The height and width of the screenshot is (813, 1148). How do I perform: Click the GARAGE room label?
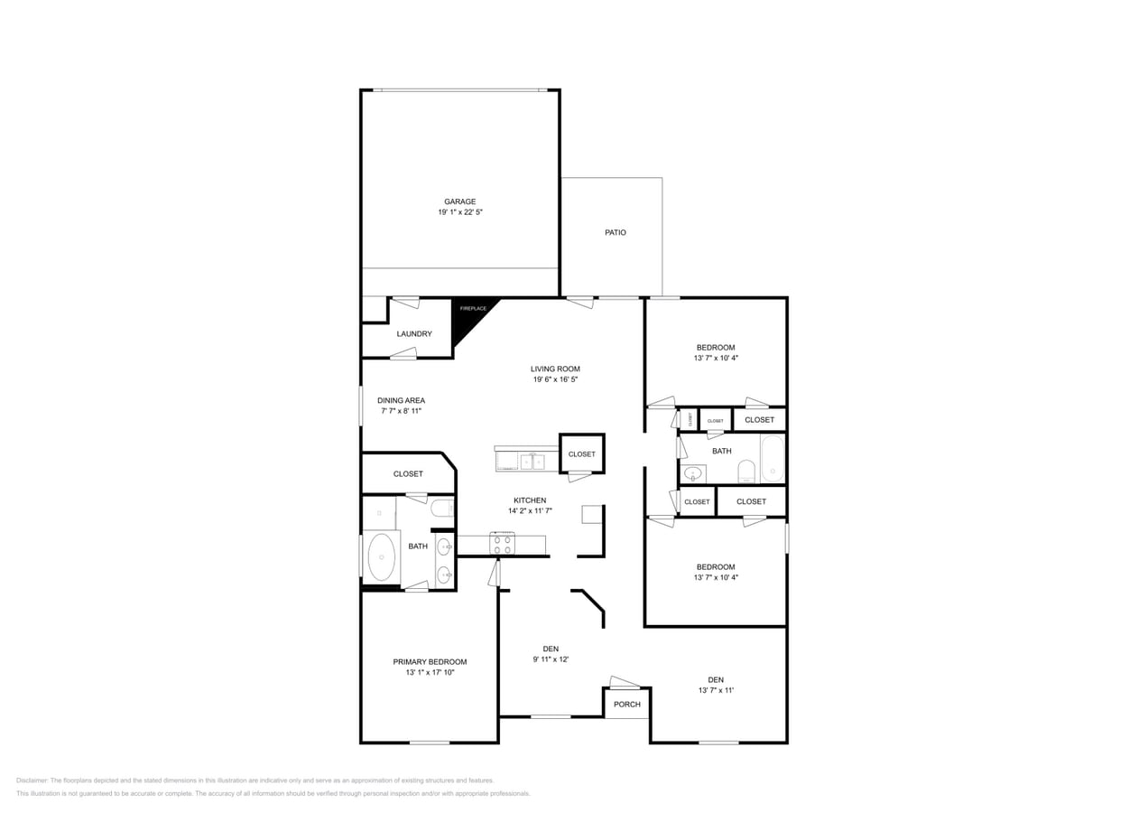tap(459, 201)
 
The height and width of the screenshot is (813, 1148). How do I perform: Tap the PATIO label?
tap(615, 232)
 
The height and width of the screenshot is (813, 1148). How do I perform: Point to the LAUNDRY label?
tap(414, 333)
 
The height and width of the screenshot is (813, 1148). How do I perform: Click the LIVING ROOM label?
tap(555, 369)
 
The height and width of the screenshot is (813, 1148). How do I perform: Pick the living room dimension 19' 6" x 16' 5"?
tap(555, 379)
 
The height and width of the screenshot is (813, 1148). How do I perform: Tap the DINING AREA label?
tap(401, 400)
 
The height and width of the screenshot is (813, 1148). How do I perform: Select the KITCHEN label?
tap(530, 500)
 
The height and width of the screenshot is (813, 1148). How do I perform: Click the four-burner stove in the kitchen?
tap(503, 544)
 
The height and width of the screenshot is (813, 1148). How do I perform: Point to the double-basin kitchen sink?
tap(532, 462)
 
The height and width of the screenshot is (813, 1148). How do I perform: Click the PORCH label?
tap(626, 705)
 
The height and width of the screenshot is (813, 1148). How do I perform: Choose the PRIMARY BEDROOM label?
tap(430, 662)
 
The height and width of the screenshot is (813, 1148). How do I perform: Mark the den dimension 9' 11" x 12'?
tap(551, 659)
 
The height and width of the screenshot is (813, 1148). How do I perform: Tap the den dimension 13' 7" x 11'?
tap(716, 691)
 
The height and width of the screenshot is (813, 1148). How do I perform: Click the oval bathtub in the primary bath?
tap(382, 556)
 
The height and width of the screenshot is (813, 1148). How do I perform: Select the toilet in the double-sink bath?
tap(442, 509)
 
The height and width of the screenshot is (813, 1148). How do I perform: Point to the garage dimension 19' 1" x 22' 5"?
tap(460, 212)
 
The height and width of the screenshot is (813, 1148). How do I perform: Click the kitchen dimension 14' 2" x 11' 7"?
tap(530, 511)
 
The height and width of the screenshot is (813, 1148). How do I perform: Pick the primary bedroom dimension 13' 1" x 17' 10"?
tap(430, 673)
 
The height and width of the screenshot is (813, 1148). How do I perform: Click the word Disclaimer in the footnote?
tap(32, 780)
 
